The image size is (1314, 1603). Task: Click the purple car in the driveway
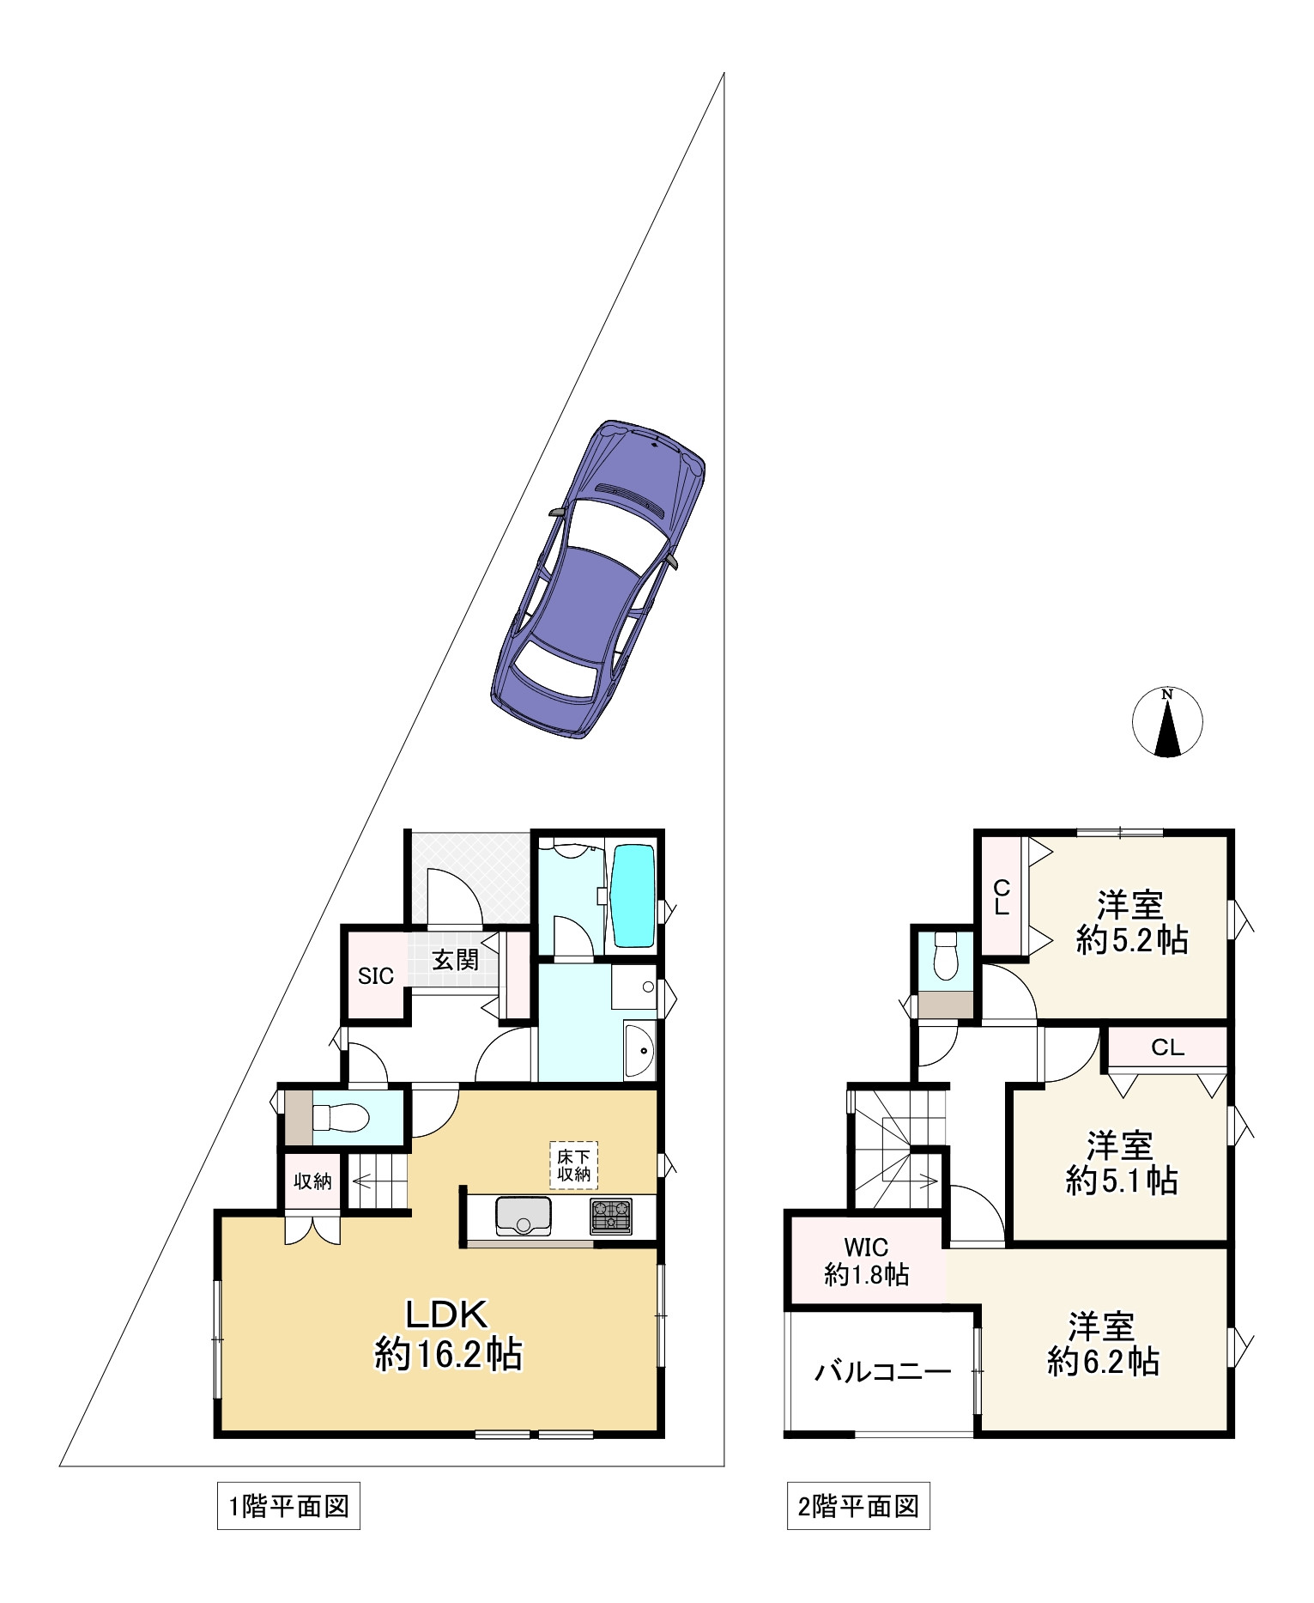598,580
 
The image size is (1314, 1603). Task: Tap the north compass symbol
1167,722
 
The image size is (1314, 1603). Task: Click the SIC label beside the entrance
376,976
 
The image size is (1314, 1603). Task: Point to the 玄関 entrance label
455,960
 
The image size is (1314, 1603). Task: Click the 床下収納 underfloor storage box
574,1165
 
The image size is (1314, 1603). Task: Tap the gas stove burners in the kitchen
611,1217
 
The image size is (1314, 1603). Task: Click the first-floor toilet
339,1117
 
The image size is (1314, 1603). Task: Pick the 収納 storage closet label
312,1181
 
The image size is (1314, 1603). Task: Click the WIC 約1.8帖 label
866,1260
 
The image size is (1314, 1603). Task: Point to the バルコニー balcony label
882,1371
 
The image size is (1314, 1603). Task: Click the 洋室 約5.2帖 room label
1132,923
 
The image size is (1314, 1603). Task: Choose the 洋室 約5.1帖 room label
1121,1163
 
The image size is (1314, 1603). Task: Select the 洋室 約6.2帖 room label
1103,1344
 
